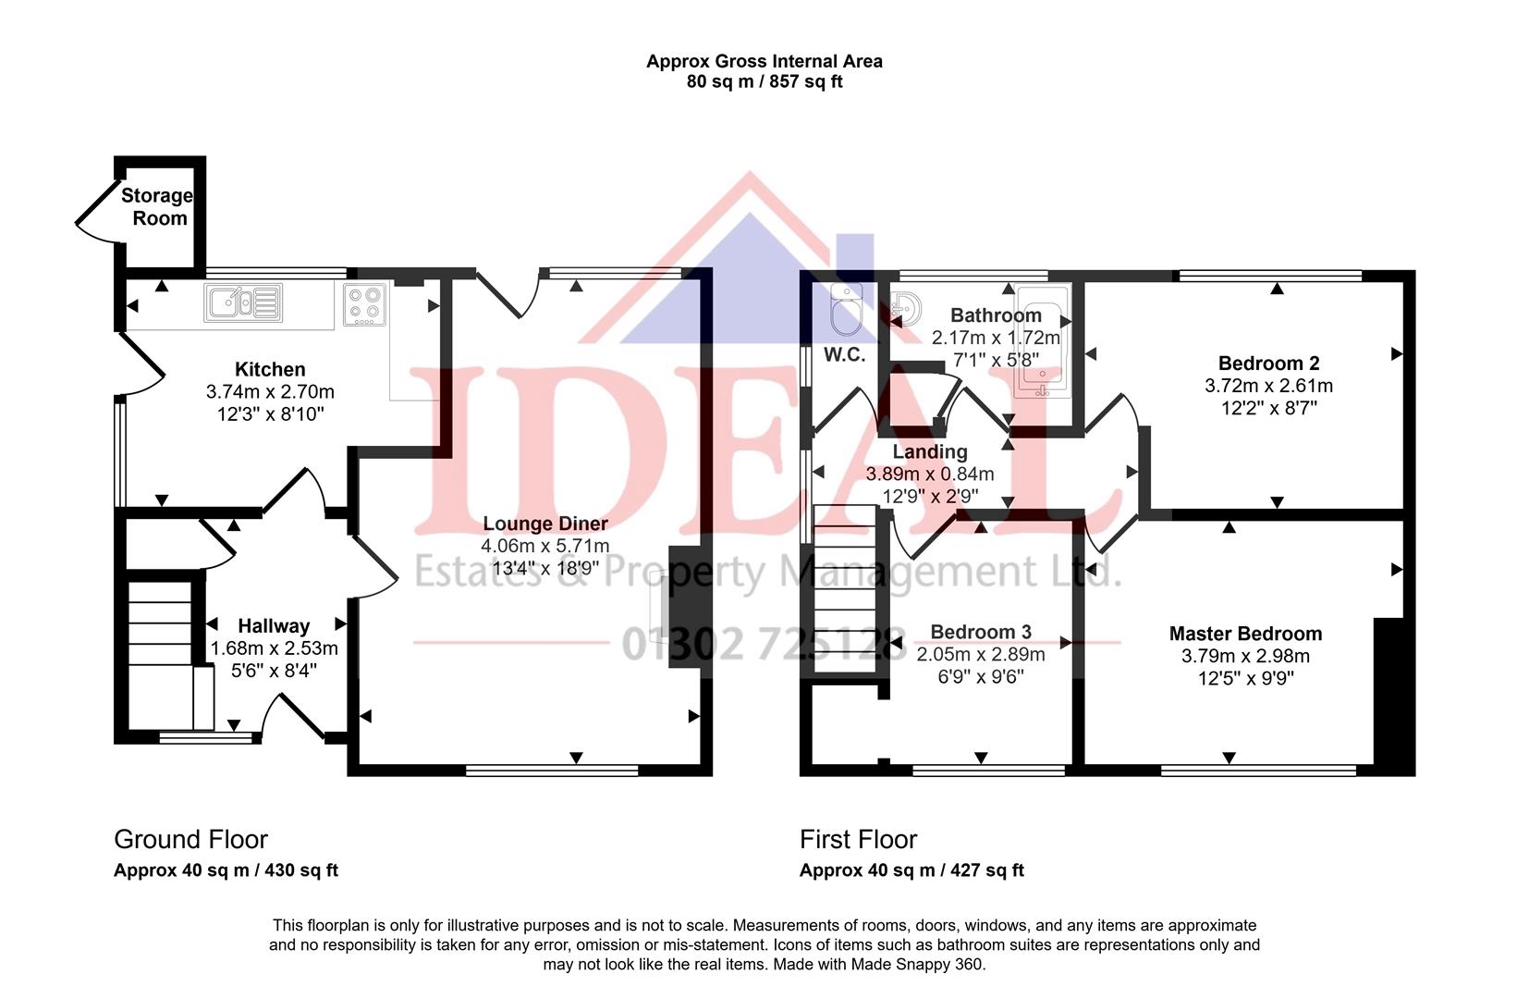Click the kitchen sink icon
coord(244,302)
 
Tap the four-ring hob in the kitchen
coord(364,304)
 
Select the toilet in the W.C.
coord(845,310)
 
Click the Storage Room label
coord(157,207)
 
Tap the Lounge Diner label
coord(545,524)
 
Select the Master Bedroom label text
coord(1245,634)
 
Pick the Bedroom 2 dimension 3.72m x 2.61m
coord(1268,386)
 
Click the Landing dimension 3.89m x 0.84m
coord(929,475)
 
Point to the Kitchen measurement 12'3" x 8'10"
coord(270,414)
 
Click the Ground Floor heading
coord(190,840)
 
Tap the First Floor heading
coord(858,840)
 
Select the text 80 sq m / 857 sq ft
coord(764,81)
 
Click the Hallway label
coord(274,626)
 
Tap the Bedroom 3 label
coord(980,632)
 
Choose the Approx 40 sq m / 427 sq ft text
coord(911,870)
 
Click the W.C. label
coord(844,355)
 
